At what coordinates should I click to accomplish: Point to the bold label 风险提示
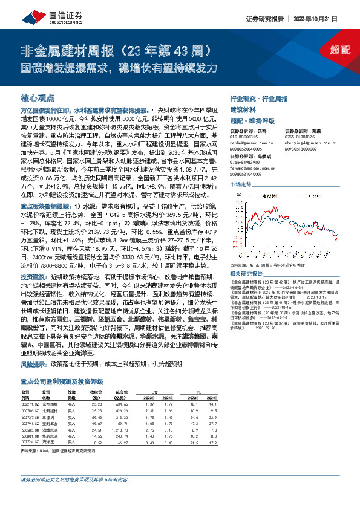click(33, 366)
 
